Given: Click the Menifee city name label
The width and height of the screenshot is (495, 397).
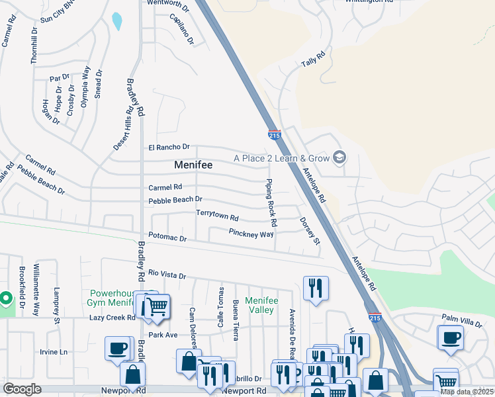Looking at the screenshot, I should (193, 165).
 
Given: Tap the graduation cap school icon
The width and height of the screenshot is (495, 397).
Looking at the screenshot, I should (339, 157).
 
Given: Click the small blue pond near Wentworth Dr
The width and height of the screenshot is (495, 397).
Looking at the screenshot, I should (117, 21).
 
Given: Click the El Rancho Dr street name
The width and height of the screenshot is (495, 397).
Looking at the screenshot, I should (169, 147).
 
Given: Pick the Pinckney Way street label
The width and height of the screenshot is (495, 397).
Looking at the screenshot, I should (251, 234).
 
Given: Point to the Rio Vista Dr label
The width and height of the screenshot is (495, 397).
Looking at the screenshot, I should (167, 274).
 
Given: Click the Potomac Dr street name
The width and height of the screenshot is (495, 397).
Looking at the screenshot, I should (167, 236).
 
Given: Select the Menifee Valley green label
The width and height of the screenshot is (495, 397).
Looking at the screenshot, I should (259, 305).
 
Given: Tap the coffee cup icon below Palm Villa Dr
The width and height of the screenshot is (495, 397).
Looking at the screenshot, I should (451, 337).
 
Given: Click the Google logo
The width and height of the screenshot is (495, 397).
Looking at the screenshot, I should (22, 389).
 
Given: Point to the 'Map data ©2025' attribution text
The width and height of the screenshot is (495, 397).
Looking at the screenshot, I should (467, 392).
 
